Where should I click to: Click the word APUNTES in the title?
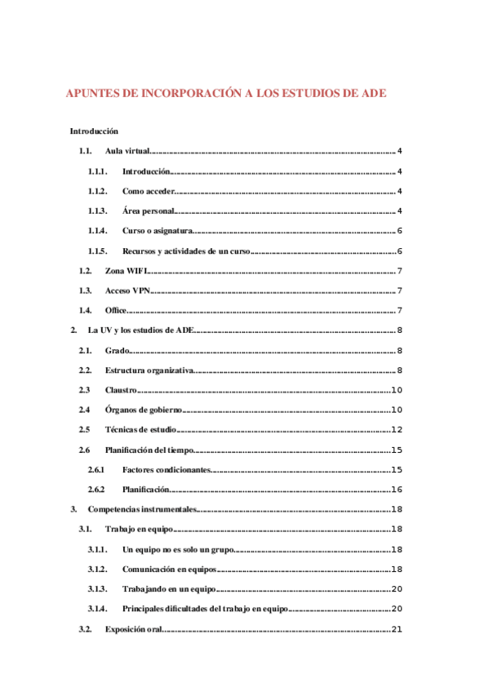pyautogui.click(x=92, y=94)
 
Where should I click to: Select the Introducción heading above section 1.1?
pyautogui.click(x=94, y=131)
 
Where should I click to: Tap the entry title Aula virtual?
pyautogui.click(x=128, y=152)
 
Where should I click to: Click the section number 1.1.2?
pyautogui.click(x=98, y=191)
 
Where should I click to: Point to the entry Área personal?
pyautogui.click(x=148, y=211)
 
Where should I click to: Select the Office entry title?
pyautogui.click(x=116, y=310)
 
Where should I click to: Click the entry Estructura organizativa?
pyautogui.click(x=149, y=370)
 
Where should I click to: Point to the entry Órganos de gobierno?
pyautogui.click(x=144, y=410)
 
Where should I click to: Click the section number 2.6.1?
pyautogui.click(x=97, y=469)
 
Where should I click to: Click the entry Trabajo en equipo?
pyautogui.click(x=138, y=530)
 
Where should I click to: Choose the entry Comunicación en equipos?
pyautogui.click(x=170, y=569)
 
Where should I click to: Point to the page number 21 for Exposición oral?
pyautogui.click(x=398, y=628)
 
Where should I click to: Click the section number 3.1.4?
pyautogui.click(x=98, y=609)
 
